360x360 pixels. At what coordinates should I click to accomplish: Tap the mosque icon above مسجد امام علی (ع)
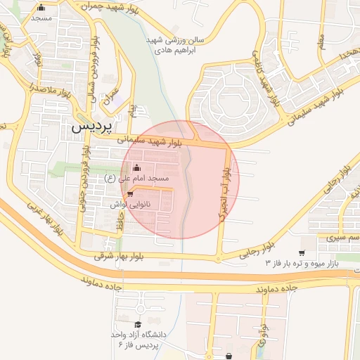coord(136,168)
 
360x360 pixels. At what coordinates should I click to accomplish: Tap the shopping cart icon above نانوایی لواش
coord(130,194)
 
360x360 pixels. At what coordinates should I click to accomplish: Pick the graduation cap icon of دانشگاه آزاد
coord(139,324)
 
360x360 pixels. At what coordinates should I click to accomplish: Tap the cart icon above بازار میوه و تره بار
coord(302,252)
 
